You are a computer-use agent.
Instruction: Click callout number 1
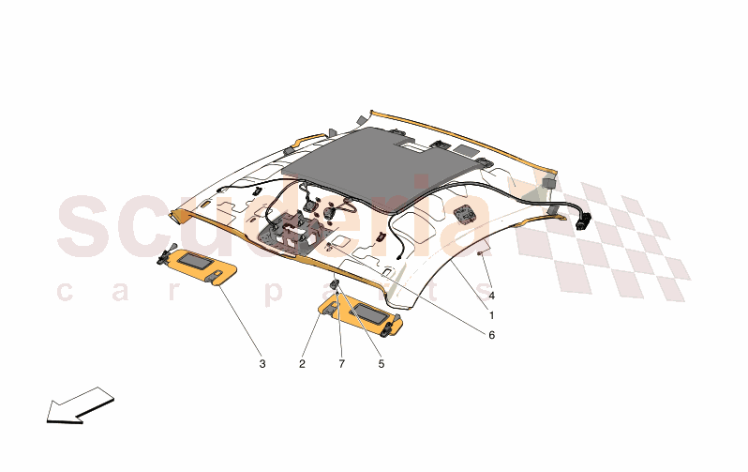click(491, 315)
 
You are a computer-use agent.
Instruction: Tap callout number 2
click(302, 364)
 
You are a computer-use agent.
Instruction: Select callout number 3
click(262, 364)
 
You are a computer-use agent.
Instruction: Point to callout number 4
click(491, 296)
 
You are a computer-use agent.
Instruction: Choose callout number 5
click(381, 364)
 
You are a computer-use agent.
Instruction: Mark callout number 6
click(491, 335)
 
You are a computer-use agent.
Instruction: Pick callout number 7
click(341, 364)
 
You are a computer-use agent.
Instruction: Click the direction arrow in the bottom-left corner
click(81, 405)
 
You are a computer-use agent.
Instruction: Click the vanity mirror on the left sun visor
click(194, 261)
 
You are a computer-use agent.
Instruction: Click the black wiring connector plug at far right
click(583, 221)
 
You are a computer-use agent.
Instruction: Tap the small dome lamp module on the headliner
click(464, 213)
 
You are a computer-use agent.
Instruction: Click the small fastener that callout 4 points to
click(482, 253)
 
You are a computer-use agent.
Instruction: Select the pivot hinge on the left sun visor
click(165, 255)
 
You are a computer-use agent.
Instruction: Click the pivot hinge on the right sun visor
click(389, 327)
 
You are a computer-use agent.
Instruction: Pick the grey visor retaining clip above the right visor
click(336, 286)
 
